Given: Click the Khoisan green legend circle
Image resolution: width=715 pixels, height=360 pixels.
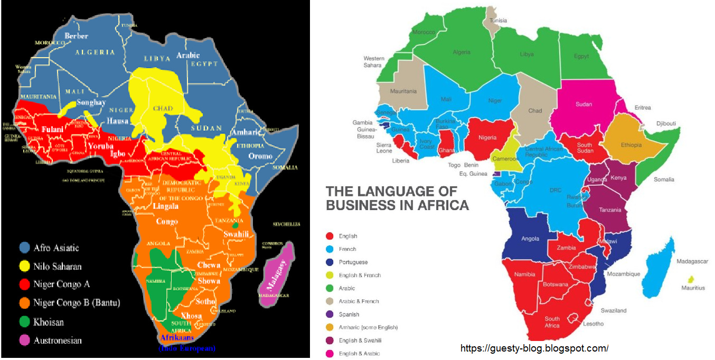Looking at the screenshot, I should (x=24, y=321).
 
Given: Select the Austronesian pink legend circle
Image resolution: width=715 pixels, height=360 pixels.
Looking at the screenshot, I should (x=24, y=340).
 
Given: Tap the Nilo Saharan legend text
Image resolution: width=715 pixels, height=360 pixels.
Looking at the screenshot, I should (x=58, y=266).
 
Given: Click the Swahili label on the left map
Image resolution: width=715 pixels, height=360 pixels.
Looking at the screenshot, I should (x=236, y=234).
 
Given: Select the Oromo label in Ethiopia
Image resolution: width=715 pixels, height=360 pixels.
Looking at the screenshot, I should (x=260, y=156).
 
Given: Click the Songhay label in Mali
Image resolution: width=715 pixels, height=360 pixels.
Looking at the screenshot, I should (x=91, y=102).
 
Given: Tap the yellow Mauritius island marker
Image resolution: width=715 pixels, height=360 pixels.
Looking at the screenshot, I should (x=690, y=279).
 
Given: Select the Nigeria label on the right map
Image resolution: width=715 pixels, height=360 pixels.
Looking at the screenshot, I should (x=487, y=138).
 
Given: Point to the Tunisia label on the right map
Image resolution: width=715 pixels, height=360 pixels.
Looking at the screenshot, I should (x=498, y=21).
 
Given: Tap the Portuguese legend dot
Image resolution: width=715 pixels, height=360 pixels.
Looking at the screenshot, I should (x=330, y=262).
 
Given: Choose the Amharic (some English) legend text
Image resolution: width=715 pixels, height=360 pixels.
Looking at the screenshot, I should (x=368, y=327).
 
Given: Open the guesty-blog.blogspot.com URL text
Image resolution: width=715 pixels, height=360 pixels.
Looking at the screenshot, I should (x=534, y=348).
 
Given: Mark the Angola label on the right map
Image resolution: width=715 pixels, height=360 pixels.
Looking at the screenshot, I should (x=530, y=239).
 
